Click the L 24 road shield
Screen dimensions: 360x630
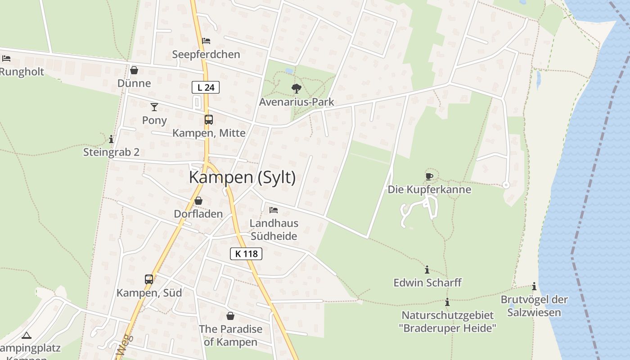point(206,87)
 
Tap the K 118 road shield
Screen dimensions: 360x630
point(246,254)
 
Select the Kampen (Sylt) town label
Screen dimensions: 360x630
point(242,177)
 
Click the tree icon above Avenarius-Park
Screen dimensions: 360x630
point(296,88)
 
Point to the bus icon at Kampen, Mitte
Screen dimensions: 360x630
point(209,120)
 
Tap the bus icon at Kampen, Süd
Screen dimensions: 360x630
point(149,279)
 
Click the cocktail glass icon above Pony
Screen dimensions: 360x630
point(154,107)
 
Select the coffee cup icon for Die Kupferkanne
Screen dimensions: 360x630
point(429,176)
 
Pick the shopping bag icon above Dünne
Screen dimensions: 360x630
point(134,70)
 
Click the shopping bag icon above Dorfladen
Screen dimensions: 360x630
point(198,201)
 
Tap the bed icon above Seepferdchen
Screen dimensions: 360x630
point(206,41)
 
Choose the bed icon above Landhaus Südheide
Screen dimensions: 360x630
point(274,210)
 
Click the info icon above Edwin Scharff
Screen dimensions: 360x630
point(427,270)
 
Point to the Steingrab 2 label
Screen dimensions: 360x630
point(111,152)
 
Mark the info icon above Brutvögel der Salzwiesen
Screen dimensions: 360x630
point(534,286)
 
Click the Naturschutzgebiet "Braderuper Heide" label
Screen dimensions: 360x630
point(447,321)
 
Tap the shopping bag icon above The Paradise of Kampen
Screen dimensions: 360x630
point(230,316)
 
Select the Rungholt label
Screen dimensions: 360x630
point(22,72)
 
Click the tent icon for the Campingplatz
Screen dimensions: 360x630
point(27,335)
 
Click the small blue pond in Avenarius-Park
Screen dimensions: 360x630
point(288,71)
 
